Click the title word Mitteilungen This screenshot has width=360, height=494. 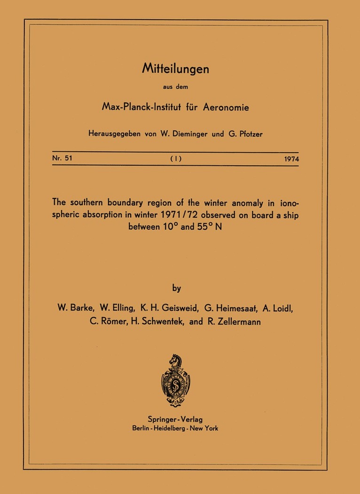click(x=175, y=69)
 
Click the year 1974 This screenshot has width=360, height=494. click(x=291, y=159)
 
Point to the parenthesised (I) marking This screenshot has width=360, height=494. click(x=176, y=159)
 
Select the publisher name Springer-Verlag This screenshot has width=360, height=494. click(x=175, y=419)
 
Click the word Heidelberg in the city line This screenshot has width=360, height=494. click(x=175, y=428)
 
